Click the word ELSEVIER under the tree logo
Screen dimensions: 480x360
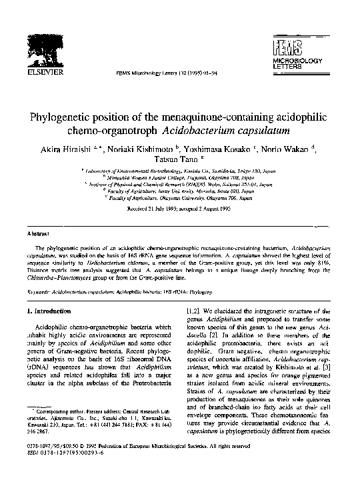43,72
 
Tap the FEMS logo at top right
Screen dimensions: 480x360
285,47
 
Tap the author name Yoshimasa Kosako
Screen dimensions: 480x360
224,151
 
